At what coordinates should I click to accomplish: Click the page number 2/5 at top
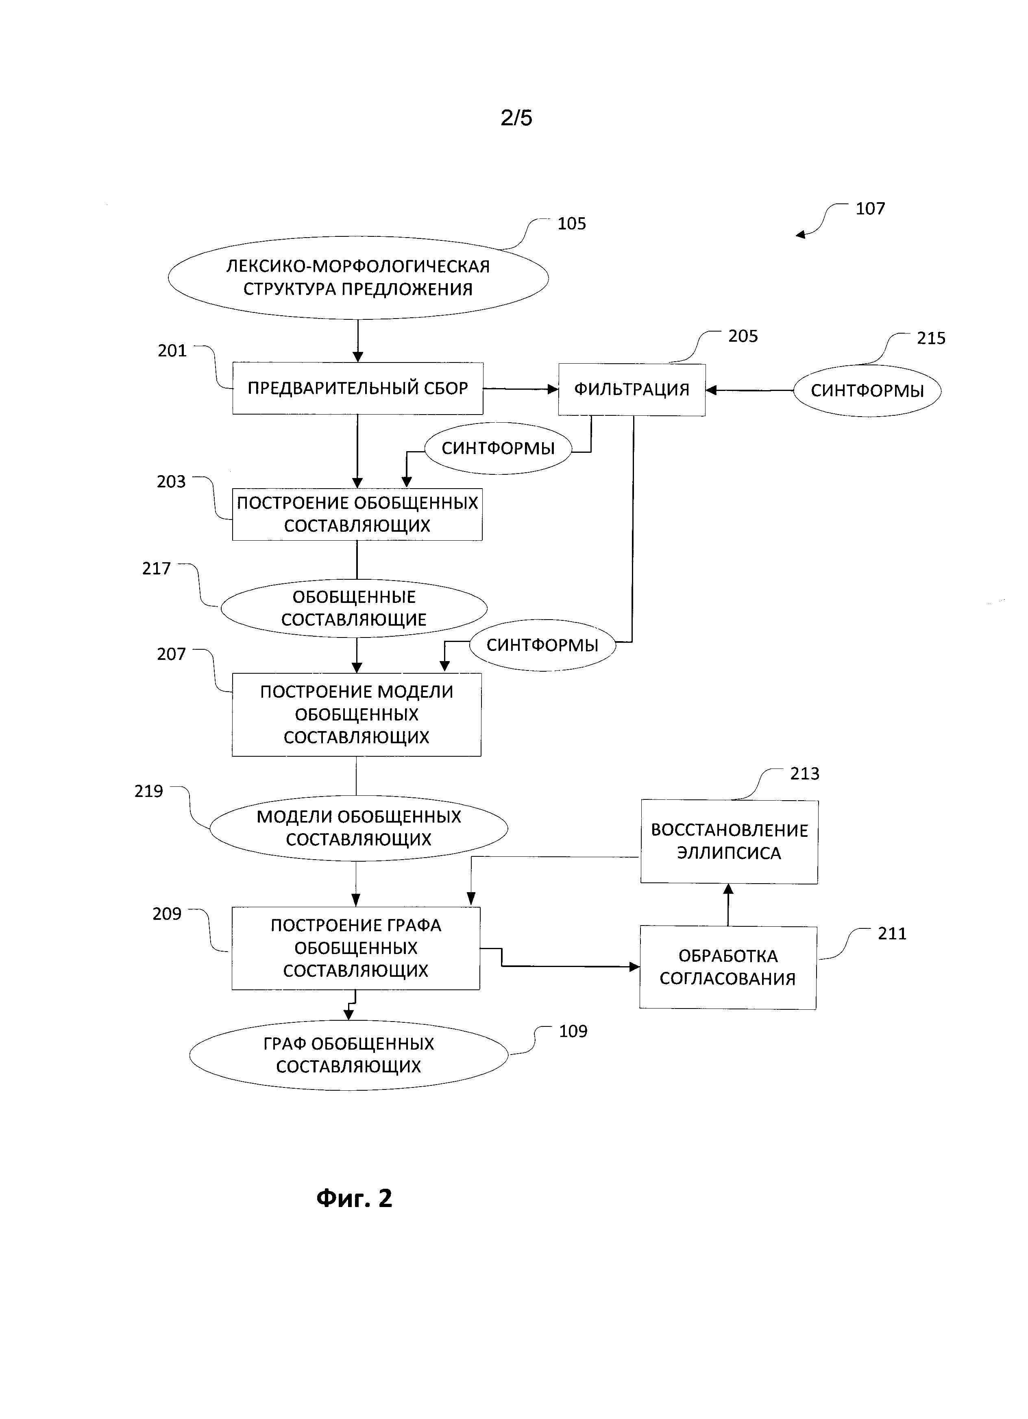point(516,118)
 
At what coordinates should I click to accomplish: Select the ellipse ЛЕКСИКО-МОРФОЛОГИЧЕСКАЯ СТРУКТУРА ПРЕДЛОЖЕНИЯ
point(358,278)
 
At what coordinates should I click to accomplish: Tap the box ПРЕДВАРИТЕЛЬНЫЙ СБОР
point(358,389)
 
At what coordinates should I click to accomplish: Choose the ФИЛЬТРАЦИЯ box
point(632,390)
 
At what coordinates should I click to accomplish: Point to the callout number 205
point(743,336)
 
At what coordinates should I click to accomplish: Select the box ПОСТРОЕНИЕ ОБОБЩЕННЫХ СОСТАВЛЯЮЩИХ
point(357,514)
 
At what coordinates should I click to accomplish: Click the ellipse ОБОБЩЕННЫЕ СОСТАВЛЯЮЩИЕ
point(354,608)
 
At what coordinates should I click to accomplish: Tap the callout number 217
point(156,569)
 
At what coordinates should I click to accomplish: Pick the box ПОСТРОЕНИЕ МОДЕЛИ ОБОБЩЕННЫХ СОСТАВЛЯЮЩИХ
point(356,714)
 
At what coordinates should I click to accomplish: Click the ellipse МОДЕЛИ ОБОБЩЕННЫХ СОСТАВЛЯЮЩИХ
point(358,828)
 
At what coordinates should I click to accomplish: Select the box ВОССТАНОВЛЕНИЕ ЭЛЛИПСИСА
point(729,842)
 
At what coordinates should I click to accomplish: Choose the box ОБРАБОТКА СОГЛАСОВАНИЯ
point(728,967)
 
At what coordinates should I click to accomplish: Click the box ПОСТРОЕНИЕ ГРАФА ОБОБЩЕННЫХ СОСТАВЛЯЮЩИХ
point(356,948)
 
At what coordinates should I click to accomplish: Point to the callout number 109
point(573,1031)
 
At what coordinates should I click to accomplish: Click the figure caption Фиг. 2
point(354,1198)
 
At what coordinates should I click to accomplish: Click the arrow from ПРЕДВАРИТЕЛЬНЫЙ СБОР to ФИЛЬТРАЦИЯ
point(520,389)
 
